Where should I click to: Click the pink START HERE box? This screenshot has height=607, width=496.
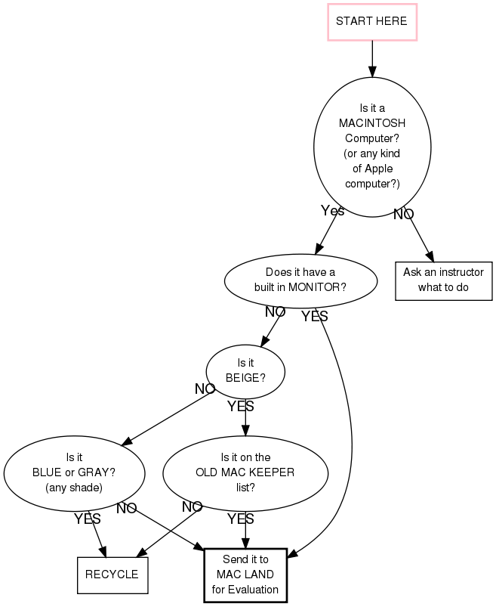coord(371,21)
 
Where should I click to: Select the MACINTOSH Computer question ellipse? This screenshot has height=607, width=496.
coord(372,147)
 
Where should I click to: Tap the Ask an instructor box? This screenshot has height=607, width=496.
coord(443,280)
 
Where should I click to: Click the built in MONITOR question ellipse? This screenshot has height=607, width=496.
coord(300,280)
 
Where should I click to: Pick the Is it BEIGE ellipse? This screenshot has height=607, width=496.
coord(245,370)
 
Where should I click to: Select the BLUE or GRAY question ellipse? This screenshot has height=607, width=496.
coord(74,472)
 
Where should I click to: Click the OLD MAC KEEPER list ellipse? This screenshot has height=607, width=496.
coord(245,472)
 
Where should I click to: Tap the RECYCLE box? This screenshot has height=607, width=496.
coord(112,574)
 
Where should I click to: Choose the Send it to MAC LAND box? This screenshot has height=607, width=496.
coord(245,574)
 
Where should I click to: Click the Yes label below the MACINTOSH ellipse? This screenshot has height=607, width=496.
coord(332,211)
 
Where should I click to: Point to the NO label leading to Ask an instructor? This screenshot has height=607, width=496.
coord(403,214)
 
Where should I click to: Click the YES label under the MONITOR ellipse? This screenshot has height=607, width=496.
coord(314,317)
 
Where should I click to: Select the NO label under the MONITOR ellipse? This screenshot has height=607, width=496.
coord(275,311)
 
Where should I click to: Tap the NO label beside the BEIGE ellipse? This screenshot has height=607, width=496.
coord(205,389)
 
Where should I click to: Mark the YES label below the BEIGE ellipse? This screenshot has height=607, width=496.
coord(240,407)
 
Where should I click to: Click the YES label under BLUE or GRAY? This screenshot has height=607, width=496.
coord(87,519)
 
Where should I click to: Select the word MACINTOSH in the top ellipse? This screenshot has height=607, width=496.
coord(372,122)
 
